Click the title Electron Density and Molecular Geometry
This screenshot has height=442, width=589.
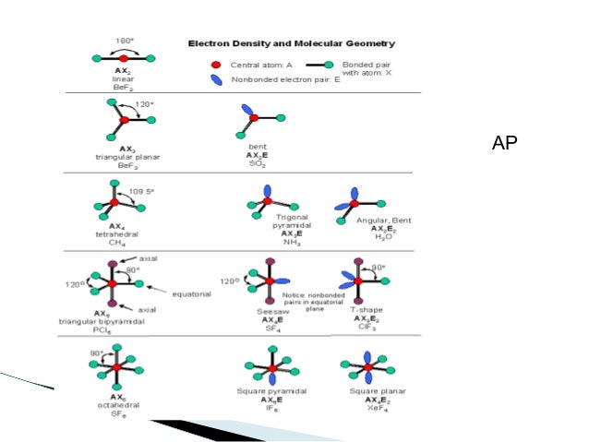(292, 43)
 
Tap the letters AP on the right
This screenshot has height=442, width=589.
(505, 142)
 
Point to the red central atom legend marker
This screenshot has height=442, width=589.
(215, 66)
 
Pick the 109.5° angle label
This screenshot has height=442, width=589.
(141, 191)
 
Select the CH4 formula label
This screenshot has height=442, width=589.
(117, 243)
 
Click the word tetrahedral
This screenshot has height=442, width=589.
(117, 234)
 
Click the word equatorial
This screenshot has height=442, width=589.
(192, 293)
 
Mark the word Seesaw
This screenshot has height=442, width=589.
(271, 312)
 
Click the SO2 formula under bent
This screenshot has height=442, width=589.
(258, 163)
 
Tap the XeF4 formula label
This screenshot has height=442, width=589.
(367, 409)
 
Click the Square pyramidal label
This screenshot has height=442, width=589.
(271, 392)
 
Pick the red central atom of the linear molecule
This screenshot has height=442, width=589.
(124, 57)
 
